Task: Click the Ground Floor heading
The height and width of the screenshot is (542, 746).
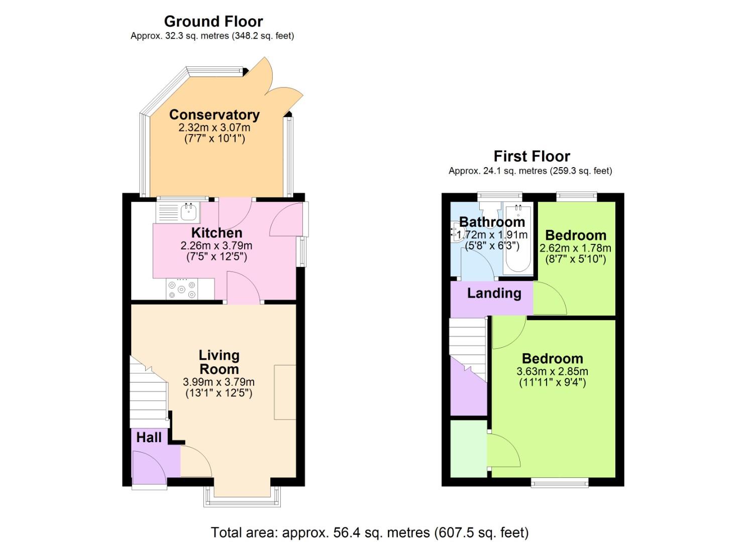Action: [x=213, y=22]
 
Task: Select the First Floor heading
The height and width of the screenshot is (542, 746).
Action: [x=531, y=156]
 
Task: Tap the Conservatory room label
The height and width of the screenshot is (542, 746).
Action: [x=215, y=115]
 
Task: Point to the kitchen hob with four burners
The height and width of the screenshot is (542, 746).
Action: [x=182, y=290]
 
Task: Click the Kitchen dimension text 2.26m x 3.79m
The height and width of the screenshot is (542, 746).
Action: [x=217, y=246]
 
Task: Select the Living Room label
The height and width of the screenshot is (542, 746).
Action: [x=219, y=362]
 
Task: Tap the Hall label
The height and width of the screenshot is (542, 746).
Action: [x=149, y=438]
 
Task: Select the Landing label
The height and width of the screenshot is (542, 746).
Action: [x=494, y=293]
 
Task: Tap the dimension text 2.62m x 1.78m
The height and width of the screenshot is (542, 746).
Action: [x=575, y=248]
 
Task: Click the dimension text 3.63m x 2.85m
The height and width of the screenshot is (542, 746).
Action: [x=552, y=372]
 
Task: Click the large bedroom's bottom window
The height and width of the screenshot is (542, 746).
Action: [x=560, y=483]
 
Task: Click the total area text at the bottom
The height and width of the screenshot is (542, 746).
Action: [x=369, y=532]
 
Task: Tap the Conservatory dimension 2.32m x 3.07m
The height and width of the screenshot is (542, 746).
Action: [x=215, y=128]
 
